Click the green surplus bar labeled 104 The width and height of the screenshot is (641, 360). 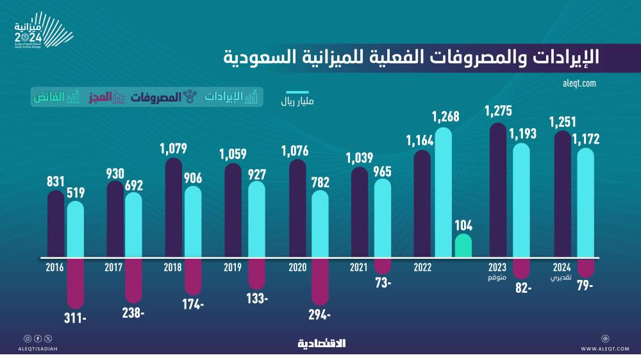point(463,246)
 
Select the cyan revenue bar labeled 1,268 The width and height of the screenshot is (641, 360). point(444,192)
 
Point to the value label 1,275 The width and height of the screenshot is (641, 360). point(498,111)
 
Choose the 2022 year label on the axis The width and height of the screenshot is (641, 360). point(422,268)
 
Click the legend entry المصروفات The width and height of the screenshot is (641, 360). point(156,97)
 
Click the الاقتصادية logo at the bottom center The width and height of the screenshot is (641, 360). point(321,344)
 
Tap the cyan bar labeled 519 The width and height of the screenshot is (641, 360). point(76,229)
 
